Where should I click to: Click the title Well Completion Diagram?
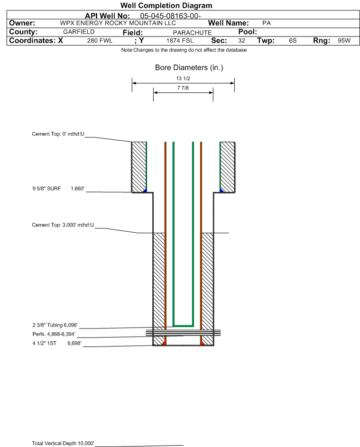point(166,6)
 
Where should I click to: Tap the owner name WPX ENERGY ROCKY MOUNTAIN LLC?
point(118,23)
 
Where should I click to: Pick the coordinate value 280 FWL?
point(100,41)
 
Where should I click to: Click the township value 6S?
point(293,41)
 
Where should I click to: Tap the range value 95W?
point(344,41)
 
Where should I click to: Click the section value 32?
point(241,41)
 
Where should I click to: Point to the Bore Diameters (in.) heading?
point(189,68)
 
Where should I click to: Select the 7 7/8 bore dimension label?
point(183,88)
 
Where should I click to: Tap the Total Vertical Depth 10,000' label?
point(63,443)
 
